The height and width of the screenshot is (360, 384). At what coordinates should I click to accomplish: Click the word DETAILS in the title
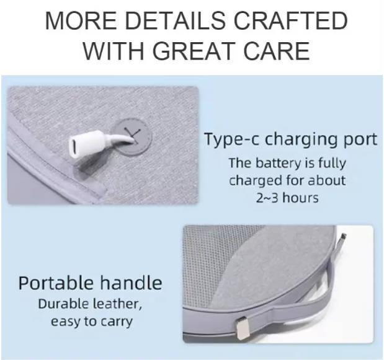pyautogui.click(x=175, y=20)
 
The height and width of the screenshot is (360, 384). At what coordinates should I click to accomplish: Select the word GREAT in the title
pyautogui.click(x=192, y=51)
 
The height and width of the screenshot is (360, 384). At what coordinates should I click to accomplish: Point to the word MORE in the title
pyautogui.click(x=81, y=20)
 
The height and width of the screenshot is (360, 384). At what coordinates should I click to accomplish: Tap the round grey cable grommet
pyautogui.click(x=132, y=137)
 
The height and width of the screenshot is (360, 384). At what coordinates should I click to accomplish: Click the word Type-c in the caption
pyautogui.click(x=231, y=139)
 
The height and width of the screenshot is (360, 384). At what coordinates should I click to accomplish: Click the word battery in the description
pyautogui.click(x=278, y=163)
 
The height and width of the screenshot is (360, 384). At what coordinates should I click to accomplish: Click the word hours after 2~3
pyautogui.click(x=300, y=198)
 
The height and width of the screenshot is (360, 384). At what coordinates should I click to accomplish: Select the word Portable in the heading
pyautogui.click(x=56, y=283)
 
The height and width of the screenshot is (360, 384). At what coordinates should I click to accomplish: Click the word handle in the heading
pyautogui.click(x=131, y=283)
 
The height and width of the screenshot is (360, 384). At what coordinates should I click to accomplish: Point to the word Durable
pyautogui.click(x=63, y=304)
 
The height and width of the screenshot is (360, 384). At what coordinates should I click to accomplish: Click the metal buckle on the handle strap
pyautogui.click(x=243, y=328)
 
